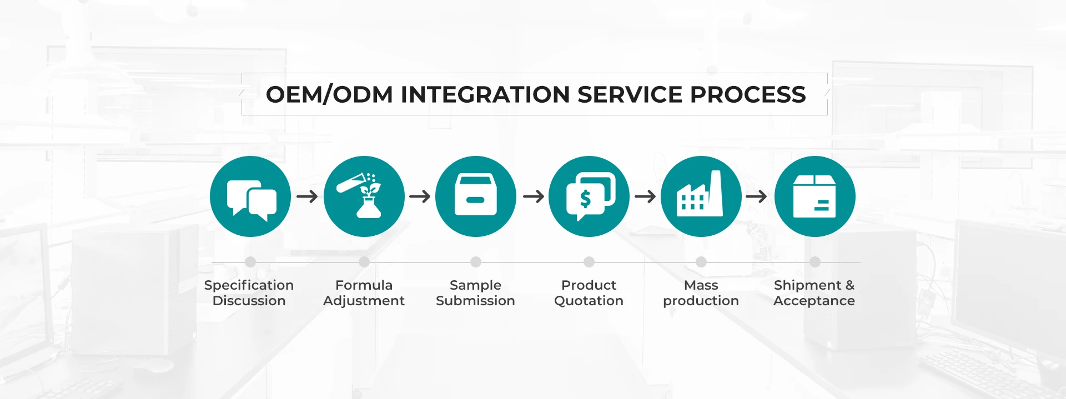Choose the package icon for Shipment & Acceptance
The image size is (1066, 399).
click(x=814, y=196)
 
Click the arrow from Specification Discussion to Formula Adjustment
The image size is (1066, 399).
click(x=307, y=196)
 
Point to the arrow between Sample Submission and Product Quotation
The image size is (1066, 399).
click(x=534, y=196)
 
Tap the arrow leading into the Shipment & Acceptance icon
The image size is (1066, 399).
click(x=756, y=196)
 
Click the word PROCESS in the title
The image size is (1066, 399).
click(x=747, y=94)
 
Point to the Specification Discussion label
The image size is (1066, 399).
click(x=249, y=293)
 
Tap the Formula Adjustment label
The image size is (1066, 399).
click(x=364, y=293)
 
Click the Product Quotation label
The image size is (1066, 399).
click(x=589, y=293)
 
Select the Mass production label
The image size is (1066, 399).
click(x=701, y=293)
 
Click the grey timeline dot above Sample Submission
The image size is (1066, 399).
click(x=476, y=262)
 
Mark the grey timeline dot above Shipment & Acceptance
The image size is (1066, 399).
click(x=814, y=262)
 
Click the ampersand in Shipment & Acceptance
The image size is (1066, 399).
click(x=849, y=285)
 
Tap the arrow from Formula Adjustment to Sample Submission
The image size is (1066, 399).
click(x=420, y=196)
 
